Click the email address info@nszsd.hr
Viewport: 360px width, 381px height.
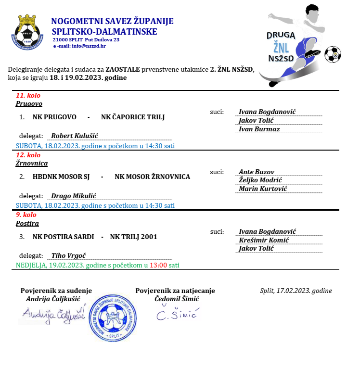[89, 46]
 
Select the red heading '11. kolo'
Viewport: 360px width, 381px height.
[28, 95]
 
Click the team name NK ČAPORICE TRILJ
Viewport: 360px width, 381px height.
[133, 117]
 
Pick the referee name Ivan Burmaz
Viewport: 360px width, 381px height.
[259, 129]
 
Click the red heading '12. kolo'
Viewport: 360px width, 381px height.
[28, 155]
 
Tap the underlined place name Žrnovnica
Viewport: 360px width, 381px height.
[32, 163]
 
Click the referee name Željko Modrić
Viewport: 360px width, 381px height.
[260, 180]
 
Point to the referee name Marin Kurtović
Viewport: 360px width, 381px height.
[263, 189]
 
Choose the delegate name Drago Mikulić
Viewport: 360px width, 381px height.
[74, 196]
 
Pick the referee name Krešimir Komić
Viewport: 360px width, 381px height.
[263, 240]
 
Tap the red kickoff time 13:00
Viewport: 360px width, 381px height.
[158, 265]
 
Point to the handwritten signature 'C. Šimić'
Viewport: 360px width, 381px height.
[177, 315]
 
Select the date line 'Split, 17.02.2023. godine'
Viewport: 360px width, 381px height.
[296, 291]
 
